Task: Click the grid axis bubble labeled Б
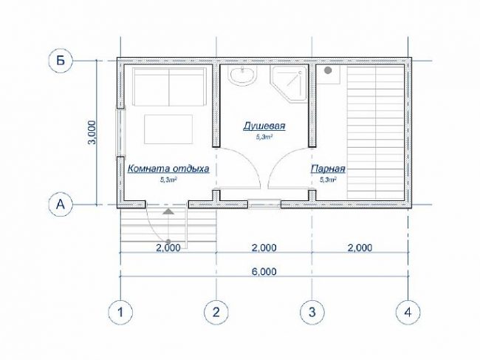tap(61, 61)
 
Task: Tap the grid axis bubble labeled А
tap(61, 204)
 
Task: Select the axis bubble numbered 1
tap(120, 312)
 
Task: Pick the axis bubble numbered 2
tap(216, 312)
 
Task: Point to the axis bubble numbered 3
tap(312, 312)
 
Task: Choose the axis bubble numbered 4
tap(408, 312)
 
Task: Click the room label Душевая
tap(264, 126)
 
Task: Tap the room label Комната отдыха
tap(168, 169)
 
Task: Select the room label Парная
tap(328, 169)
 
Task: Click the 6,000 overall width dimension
tap(264, 271)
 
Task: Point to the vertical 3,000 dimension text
tap(92, 132)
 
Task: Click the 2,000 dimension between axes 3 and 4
tap(360, 248)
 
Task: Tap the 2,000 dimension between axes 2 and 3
tap(264, 248)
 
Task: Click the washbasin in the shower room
tap(243, 75)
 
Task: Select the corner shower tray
tap(288, 84)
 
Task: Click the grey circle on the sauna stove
tap(328, 70)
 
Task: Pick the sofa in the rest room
tap(169, 87)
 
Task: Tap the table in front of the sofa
tap(168, 129)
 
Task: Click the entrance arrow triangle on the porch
tap(168, 211)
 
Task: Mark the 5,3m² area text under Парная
tap(328, 180)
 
